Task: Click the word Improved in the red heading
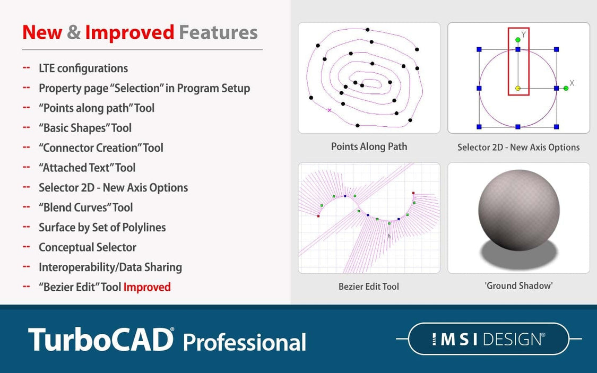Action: tap(129, 32)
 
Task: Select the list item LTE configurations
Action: tap(83, 68)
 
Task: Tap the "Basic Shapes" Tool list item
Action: tap(85, 128)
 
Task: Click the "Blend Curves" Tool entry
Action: tap(86, 207)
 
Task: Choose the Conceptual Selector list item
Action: tap(88, 247)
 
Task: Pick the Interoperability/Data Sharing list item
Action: tap(110, 267)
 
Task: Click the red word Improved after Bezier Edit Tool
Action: tap(147, 287)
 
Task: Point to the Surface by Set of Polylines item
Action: tap(102, 227)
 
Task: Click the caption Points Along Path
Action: tap(369, 146)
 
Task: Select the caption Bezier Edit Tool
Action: tap(369, 287)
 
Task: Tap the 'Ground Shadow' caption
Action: tap(518, 285)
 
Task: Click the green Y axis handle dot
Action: tap(518, 40)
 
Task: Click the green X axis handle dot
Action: tap(566, 88)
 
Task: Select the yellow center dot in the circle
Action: tap(518, 89)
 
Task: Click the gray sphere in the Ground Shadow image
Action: tap(518, 210)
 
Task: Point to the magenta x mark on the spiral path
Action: tap(330, 110)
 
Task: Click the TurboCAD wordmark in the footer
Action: tap(101, 339)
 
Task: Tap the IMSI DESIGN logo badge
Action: tap(488, 339)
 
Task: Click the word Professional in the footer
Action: tap(245, 342)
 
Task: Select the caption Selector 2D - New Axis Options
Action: tap(518, 147)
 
